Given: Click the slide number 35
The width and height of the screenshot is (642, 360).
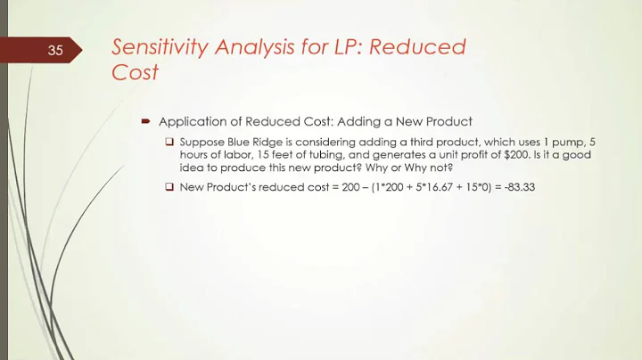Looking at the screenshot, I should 55,51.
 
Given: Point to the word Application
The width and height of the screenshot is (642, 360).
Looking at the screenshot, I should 189,121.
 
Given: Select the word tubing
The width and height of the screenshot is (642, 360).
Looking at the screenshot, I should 313,155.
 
